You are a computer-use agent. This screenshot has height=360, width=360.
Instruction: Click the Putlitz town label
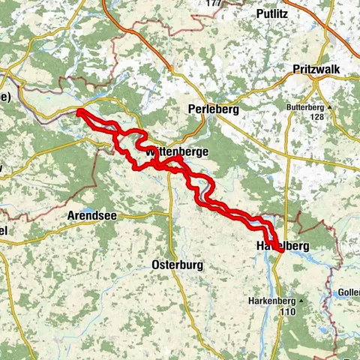pyautogui.click(x=271, y=13)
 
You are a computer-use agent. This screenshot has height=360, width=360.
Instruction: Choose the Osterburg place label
pyautogui.click(x=178, y=265)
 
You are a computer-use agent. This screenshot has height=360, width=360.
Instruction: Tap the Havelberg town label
pyautogui.click(x=282, y=246)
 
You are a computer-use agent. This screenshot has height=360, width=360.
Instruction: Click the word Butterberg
pyautogui.click(x=306, y=107)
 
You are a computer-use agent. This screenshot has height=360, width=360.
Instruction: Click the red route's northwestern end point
pyautogui.click(x=79, y=112)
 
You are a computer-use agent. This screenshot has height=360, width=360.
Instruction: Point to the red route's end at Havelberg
pyautogui.click(x=280, y=251)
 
